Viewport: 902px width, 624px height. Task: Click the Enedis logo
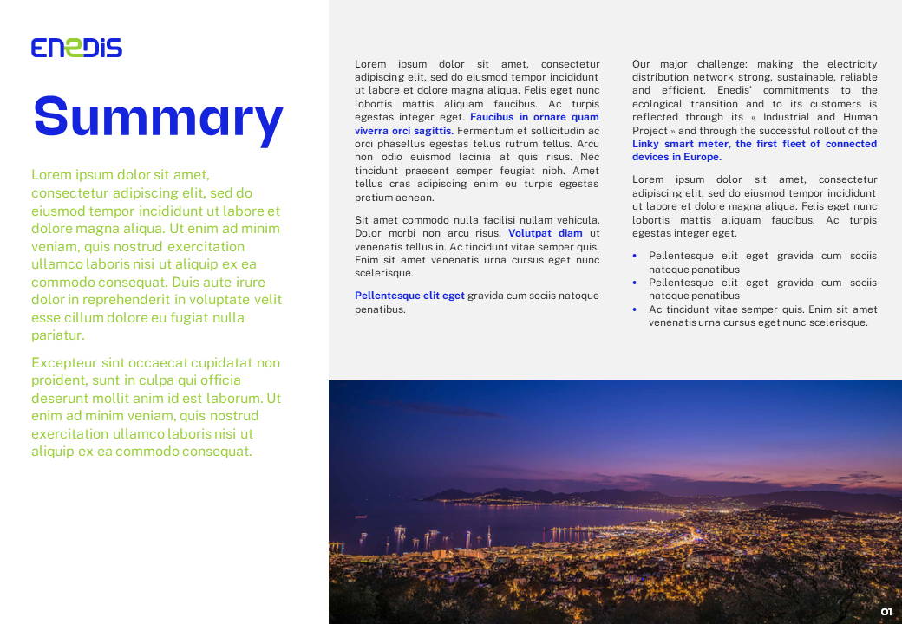point(76,48)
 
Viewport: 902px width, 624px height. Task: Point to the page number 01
point(886,612)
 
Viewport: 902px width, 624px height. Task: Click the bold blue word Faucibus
point(492,117)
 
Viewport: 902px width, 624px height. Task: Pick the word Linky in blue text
point(646,144)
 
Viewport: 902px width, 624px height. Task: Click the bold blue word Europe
point(703,157)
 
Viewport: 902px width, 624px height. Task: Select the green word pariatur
point(57,335)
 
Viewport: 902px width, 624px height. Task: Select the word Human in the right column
point(860,117)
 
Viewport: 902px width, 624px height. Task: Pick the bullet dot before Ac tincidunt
point(635,309)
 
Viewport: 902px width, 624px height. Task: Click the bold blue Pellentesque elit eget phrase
point(409,296)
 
